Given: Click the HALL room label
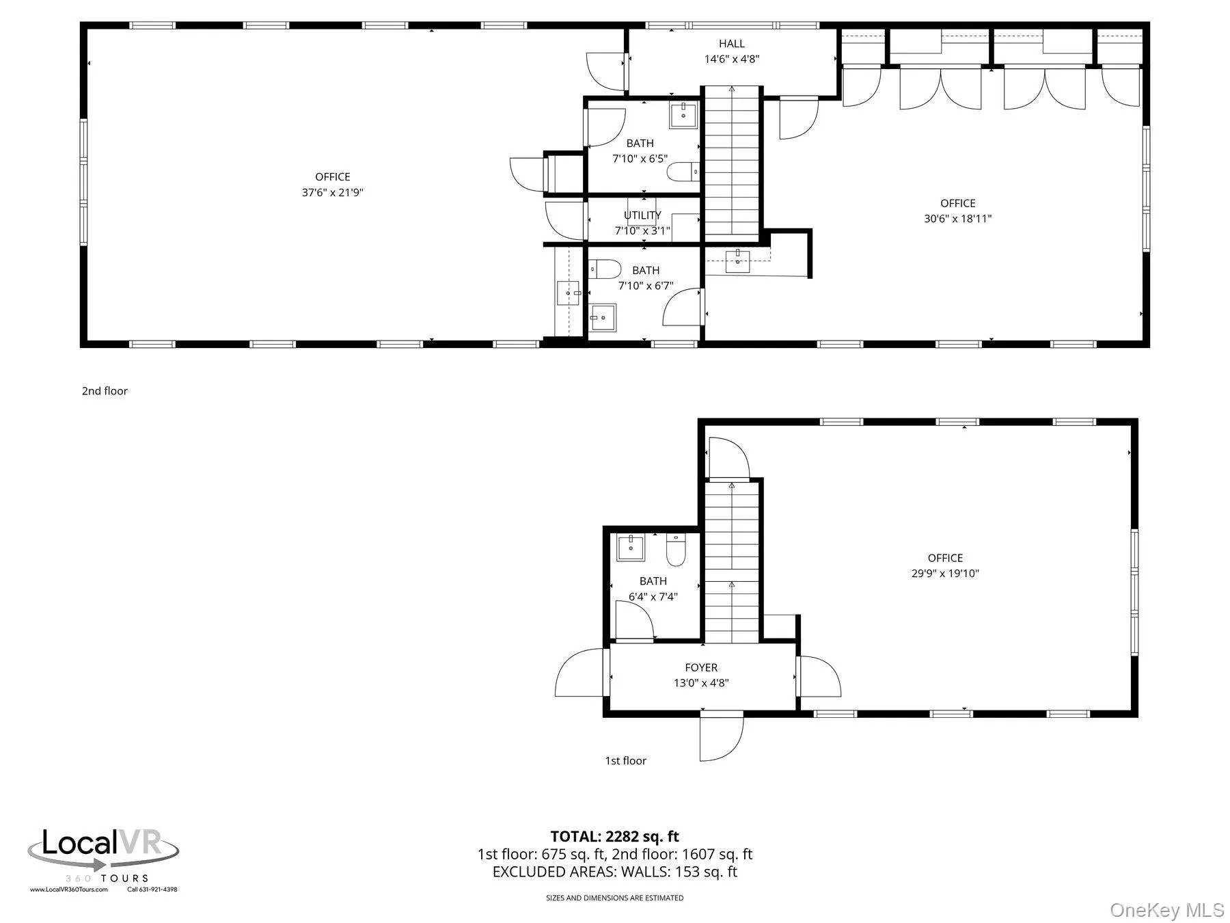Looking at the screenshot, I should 731,44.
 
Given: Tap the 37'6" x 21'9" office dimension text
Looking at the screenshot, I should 333,193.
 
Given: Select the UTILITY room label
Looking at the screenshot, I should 642,215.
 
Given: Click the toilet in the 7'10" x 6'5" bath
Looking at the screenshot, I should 682,171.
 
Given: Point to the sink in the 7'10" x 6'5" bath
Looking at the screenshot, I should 683,116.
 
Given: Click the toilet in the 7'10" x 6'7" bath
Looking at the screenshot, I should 605,269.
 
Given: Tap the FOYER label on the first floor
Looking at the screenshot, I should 701,667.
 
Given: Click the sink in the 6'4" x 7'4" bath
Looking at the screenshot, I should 630,548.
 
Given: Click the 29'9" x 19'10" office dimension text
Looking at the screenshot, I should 945,574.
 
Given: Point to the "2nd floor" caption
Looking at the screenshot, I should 105,391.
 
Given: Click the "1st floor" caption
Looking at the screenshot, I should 625,760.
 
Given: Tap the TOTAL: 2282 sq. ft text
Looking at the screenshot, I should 614,836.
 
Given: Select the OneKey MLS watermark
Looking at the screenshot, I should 1166,910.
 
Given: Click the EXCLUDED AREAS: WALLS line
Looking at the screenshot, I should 614,872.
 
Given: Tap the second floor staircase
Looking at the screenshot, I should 732,164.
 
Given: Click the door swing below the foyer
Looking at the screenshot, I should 721,737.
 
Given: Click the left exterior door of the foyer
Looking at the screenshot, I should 581,673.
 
